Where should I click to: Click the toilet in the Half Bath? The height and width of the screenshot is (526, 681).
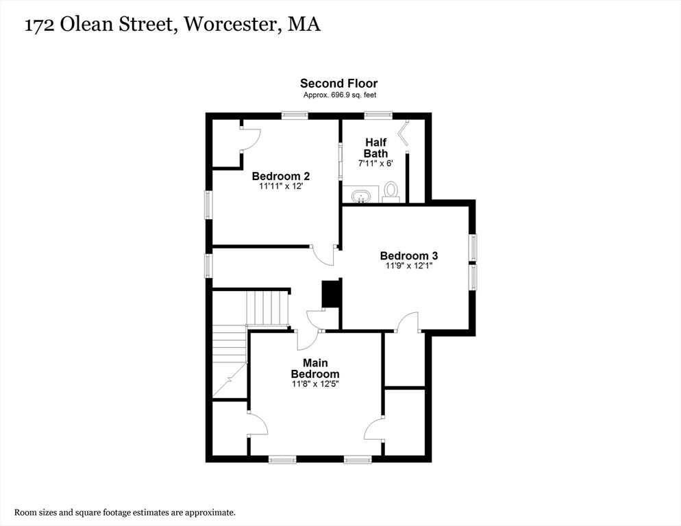pyautogui.click(x=391, y=190)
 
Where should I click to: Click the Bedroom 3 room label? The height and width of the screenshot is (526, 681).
pyautogui.click(x=408, y=256)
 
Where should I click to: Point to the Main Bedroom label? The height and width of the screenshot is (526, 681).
pyautogui.click(x=315, y=368)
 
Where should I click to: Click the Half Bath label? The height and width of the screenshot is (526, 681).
pyautogui.click(x=375, y=148)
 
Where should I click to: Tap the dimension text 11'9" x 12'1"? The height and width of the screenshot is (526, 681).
pyautogui.click(x=408, y=266)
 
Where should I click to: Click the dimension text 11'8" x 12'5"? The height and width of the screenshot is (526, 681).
pyautogui.click(x=315, y=384)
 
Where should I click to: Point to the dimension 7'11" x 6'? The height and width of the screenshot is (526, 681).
pyautogui.click(x=375, y=164)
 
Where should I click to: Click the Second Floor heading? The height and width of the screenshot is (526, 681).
pyautogui.click(x=338, y=84)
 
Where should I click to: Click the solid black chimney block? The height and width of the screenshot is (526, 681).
pyautogui.click(x=331, y=295)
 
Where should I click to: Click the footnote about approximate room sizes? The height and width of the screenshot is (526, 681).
pyautogui.click(x=125, y=512)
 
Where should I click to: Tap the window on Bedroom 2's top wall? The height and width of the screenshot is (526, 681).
pyautogui.click(x=294, y=115)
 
